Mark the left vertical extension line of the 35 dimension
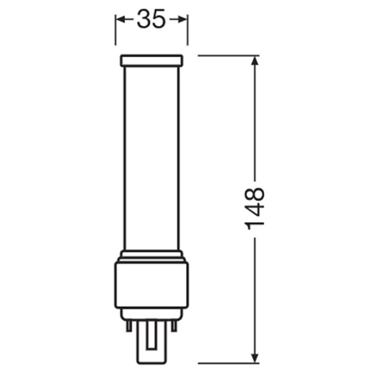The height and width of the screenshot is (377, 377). coord(115,34)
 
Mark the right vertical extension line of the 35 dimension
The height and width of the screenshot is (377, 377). coord(188,34)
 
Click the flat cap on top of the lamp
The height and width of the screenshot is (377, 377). coord(152,61)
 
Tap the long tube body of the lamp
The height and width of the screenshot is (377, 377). coord(152,159)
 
